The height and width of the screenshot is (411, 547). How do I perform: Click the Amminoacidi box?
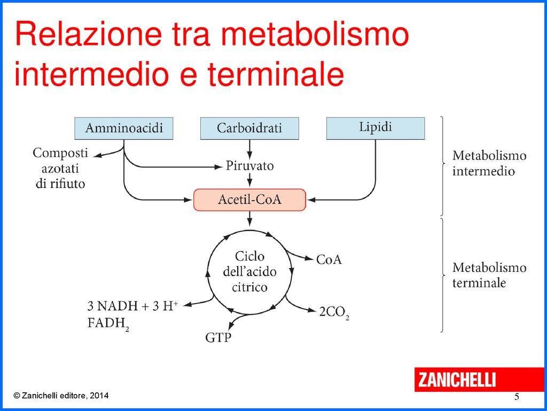[x=124, y=128]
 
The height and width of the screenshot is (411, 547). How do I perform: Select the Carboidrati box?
[x=249, y=128]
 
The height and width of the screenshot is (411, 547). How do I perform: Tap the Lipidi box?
[x=375, y=128]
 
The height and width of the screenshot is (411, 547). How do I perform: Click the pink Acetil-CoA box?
[x=249, y=200]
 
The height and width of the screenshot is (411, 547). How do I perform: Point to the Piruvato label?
[x=249, y=166]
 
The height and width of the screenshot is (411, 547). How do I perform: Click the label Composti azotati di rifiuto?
[x=60, y=168]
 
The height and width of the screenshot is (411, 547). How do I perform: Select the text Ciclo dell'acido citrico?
[x=249, y=272]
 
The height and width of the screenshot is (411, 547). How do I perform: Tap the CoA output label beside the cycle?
[x=329, y=260]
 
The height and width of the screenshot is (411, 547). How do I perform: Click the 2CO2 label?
[x=334, y=313]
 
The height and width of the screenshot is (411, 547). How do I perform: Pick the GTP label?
[x=218, y=338]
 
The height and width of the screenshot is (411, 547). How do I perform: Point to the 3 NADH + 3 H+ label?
[x=132, y=307]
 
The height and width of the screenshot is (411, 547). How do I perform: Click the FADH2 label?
[x=108, y=324]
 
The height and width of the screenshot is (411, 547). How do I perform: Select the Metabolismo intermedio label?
[x=489, y=164]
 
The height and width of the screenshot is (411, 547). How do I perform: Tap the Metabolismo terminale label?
[x=489, y=275]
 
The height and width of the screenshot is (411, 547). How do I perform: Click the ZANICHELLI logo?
[x=457, y=379]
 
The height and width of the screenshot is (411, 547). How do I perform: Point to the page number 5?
[x=517, y=397]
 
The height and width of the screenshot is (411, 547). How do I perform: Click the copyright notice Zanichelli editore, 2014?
[x=61, y=396]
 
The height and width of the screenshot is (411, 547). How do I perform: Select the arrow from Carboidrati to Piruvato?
[x=249, y=148]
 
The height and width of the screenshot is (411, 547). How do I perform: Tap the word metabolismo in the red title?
[x=315, y=34]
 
